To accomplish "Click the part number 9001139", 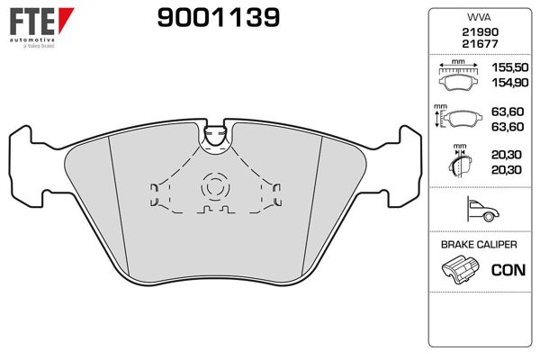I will (x=218, y=16).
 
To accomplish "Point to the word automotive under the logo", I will (x=30, y=40).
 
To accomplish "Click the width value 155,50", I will (x=507, y=68).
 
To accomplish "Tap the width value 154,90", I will (x=507, y=82).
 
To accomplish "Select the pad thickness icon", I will (x=458, y=164).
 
